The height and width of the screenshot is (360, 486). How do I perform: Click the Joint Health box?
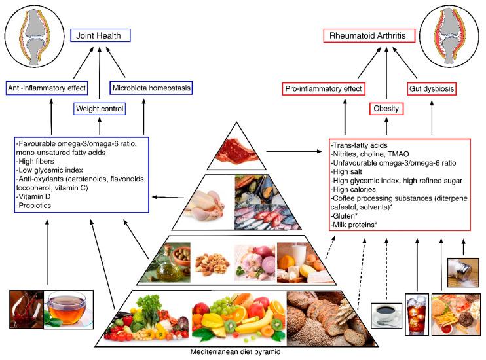100,35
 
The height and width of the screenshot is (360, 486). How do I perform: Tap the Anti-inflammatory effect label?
45,87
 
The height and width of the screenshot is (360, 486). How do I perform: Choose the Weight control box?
100,107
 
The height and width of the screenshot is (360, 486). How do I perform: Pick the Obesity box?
386,108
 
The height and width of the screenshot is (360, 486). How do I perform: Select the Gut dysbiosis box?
432,88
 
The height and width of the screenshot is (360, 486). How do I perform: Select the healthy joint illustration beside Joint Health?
32,33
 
